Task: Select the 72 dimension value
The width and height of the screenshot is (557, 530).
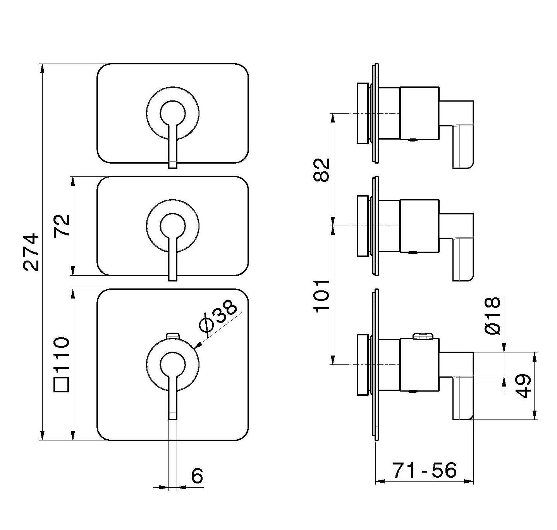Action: point(62,226)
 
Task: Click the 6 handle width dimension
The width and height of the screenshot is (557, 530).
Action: point(197,476)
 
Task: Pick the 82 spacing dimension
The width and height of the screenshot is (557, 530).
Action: point(321,169)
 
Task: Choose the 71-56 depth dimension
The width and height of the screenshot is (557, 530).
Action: point(425,471)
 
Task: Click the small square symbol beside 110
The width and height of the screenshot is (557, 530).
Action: point(62,385)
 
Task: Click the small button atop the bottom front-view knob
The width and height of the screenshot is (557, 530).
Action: point(173,335)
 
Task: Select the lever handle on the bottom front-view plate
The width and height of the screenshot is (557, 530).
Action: point(173,399)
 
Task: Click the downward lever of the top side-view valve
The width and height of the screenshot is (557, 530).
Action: point(463,147)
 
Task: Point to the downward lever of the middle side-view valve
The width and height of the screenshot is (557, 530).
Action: point(463,260)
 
